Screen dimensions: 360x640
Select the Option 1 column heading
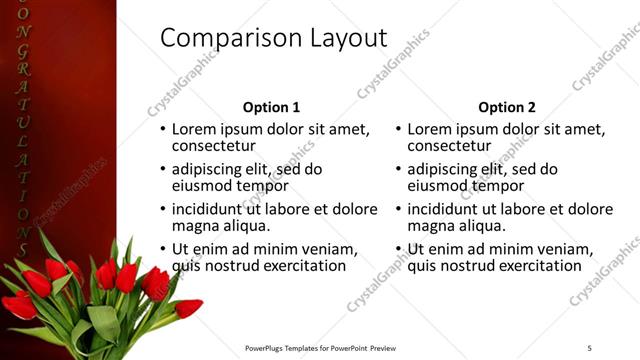click(271, 107)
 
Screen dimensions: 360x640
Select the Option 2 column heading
click(507, 107)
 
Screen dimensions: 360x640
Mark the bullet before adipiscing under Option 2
click(399, 170)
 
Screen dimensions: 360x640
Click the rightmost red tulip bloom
click(188, 308)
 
